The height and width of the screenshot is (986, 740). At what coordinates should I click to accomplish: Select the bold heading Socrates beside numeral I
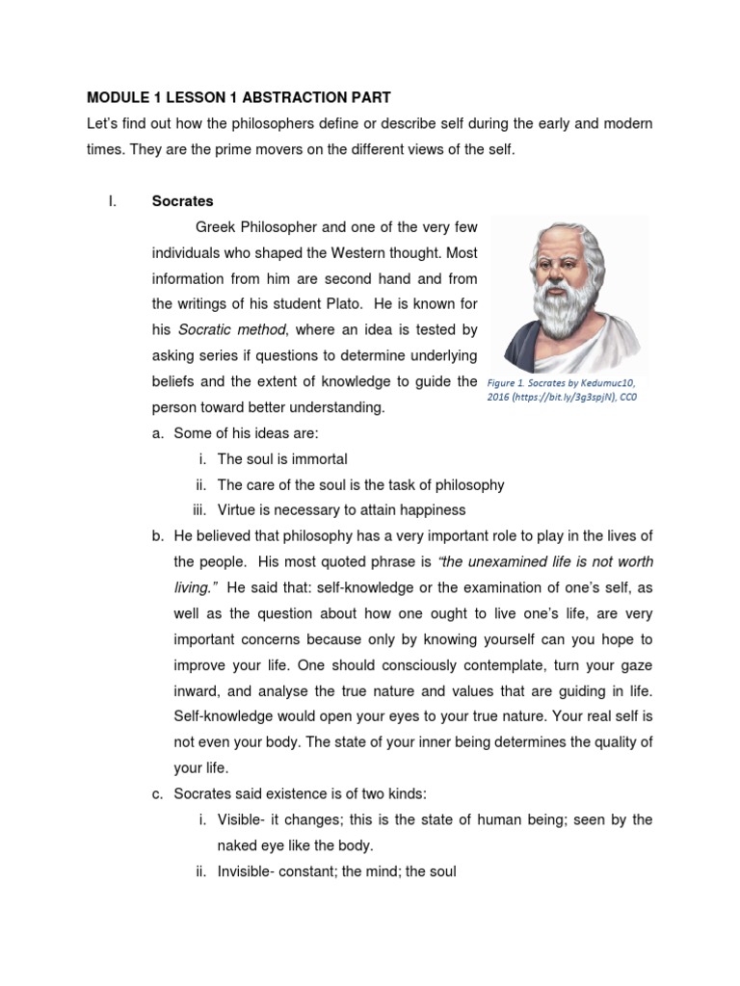point(182,201)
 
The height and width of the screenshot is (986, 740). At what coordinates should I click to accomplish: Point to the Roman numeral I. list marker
point(112,201)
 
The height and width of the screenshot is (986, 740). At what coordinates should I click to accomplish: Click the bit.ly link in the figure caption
point(561,397)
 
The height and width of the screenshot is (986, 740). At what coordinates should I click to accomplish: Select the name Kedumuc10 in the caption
point(604,382)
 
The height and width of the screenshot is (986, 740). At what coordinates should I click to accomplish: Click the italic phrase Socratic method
point(225,329)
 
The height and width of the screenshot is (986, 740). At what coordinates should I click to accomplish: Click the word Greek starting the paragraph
point(216,228)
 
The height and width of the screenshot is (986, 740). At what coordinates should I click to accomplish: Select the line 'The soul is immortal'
point(282,458)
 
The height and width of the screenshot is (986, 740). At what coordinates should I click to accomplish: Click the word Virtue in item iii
point(237,509)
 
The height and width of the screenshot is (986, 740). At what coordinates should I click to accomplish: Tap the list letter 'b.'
point(158,535)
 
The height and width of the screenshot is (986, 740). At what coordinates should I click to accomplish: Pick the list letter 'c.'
point(158,793)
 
